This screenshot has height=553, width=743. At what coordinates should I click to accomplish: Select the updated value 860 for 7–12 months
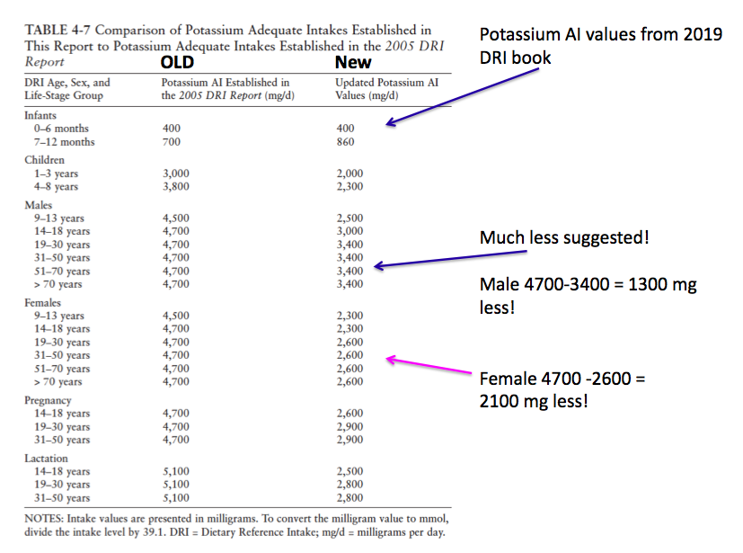345,142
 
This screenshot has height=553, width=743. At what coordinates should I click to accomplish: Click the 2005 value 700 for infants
171,142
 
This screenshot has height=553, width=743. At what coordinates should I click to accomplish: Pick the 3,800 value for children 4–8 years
175,187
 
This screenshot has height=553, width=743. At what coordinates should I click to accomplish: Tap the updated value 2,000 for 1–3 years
349,174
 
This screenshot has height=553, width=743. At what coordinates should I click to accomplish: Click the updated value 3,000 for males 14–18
349,231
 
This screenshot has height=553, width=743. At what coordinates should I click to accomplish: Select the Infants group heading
40,116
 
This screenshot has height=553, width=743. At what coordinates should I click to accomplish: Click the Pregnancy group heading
49,400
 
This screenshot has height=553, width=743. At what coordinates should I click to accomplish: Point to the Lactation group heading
48,459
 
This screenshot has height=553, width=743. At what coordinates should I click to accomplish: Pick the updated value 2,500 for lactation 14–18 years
349,471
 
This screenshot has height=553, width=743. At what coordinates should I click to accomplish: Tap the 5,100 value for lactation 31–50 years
175,497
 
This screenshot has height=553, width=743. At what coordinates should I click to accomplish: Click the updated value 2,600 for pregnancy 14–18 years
349,414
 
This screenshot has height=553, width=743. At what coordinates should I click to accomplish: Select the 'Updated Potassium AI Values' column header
386,89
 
